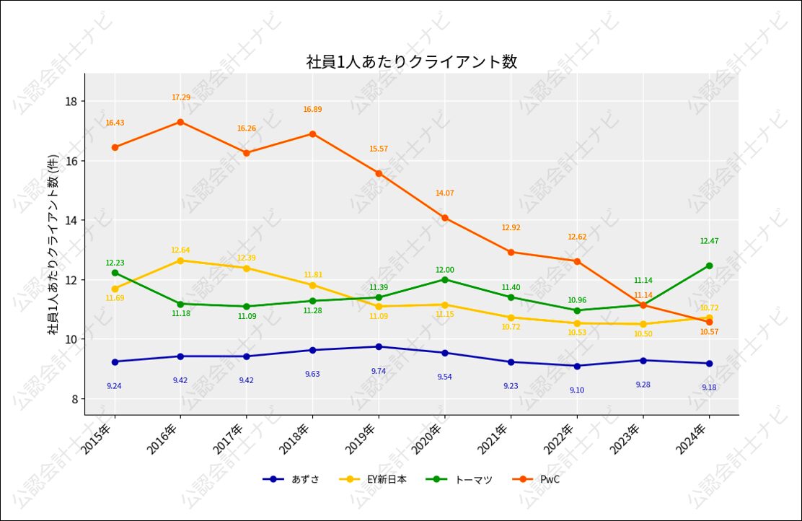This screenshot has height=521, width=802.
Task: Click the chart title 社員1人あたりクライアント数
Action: [x=412, y=62]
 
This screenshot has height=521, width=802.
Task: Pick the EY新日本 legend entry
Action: [x=386, y=479]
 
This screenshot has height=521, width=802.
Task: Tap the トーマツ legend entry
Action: [x=473, y=479]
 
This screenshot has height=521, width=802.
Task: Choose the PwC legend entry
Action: [x=550, y=479]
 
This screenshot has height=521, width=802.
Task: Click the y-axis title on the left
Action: [x=53, y=245]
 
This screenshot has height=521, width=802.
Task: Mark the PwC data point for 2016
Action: [x=180, y=122]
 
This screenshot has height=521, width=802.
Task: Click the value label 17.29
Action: [x=181, y=97]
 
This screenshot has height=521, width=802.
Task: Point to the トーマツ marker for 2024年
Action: [x=709, y=266]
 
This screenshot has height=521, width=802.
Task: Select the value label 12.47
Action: [x=709, y=241]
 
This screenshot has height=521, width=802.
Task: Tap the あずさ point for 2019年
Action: [x=379, y=346]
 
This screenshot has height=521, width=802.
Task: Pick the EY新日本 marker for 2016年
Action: [x=180, y=260]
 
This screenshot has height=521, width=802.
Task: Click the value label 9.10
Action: [x=577, y=390]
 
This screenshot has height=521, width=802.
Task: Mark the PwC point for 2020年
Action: [x=444, y=218]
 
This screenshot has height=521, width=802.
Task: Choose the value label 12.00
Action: [x=444, y=270]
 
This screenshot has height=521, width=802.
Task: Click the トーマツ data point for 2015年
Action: [x=115, y=273]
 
